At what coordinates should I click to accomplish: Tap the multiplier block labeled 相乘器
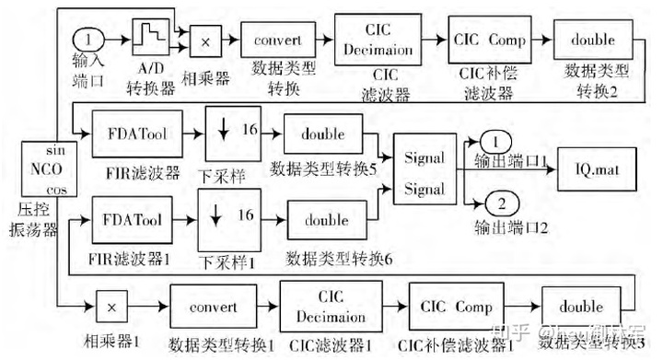(x=207, y=41)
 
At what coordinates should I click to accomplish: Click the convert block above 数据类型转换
(x=277, y=41)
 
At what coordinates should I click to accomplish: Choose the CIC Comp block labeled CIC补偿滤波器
(x=490, y=41)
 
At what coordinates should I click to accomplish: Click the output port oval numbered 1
(x=495, y=142)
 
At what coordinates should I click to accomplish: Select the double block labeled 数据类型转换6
(x=327, y=221)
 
